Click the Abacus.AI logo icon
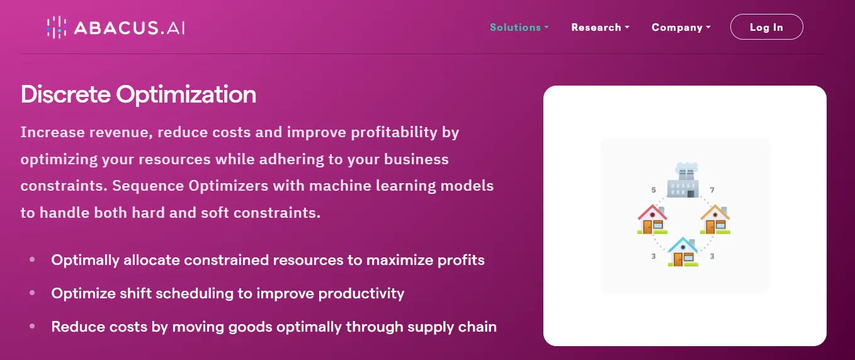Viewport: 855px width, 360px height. tap(57, 28)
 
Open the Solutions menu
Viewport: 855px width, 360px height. tap(519, 28)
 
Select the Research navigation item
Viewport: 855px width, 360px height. tap(600, 28)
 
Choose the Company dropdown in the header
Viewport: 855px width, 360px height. tap(681, 28)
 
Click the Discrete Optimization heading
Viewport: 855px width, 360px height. tap(138, 94)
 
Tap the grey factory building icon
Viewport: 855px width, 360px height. tap(683, 181)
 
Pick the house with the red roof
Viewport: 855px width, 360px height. tap(652, 219)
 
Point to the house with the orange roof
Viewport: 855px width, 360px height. tap(715, 219)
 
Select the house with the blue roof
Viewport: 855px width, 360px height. tap(683, 252)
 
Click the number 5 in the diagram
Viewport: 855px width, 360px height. tap(654, 190)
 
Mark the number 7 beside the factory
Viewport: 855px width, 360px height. tap(712, 190)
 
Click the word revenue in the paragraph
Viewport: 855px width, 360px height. tap(121, 132)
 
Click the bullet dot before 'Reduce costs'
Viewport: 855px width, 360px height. tap(32, 326)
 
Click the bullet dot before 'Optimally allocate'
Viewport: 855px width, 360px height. tap(32, 259)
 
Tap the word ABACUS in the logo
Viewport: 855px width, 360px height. tap(116, 28)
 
